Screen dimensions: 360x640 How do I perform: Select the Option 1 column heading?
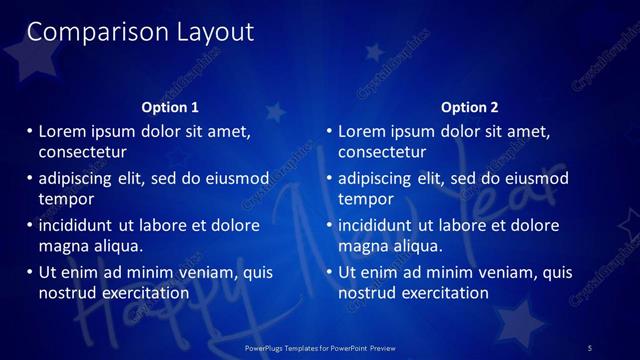(171, 107)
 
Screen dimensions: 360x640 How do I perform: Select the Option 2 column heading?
(469, 107)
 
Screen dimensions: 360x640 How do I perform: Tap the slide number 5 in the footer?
(590, 347)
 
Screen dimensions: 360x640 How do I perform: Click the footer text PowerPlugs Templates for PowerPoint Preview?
(320, 347)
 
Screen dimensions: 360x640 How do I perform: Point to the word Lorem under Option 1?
(62, 131)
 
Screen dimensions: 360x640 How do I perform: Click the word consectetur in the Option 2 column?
(382, 152)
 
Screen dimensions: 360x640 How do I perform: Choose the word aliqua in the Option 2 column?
(414, 246)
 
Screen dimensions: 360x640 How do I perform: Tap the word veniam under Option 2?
(493, 272)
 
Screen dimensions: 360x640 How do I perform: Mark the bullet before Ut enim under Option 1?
(28, 272)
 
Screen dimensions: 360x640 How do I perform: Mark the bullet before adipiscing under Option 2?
(328, 178)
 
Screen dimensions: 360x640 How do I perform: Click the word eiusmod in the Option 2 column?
(535, 178)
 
